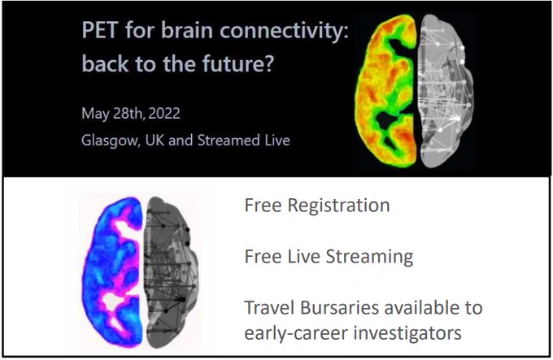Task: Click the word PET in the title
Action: click(100, 30)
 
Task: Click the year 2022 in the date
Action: click(164, 114)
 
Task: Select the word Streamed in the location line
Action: click(229, 141)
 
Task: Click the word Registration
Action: click(338, 206)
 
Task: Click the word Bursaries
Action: click(339, 307)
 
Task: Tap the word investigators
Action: click(407, 333)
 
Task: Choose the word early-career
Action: click(295, 333)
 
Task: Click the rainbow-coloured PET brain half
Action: click(385, 91)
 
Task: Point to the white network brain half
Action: click(444, 91)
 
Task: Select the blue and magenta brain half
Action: click(112, 272)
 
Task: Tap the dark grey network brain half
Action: click(172, 272)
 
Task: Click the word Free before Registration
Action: click(263, 206)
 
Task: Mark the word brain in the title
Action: click(187, 30)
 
